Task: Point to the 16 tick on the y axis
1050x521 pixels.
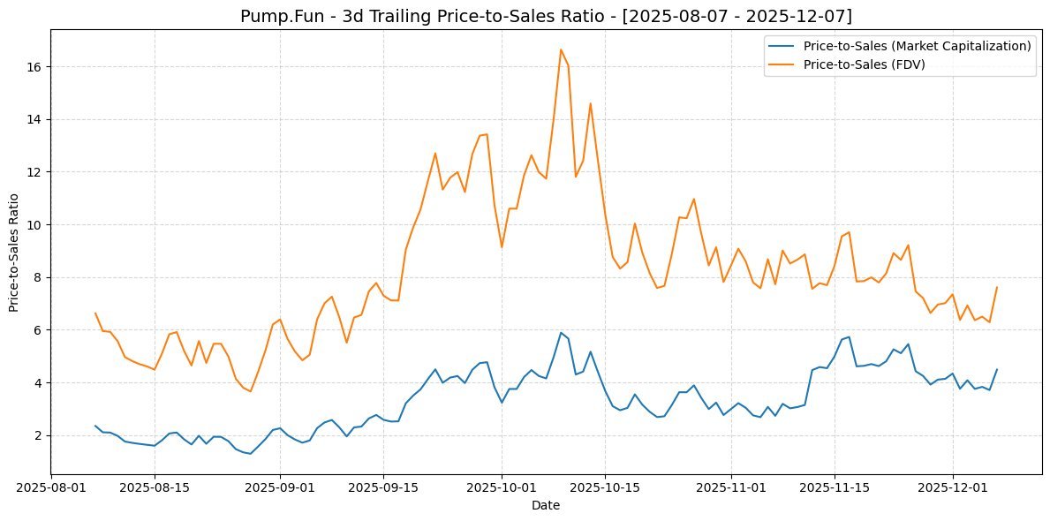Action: pyautogui.click(x=37, y=67)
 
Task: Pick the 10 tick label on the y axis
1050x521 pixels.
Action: pyautogui.click(x=37, y=225)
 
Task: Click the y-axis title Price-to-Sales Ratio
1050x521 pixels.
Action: pyautogui.click(x=14, y=251)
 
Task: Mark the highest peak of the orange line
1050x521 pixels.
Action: pyautogui.click(x=561, y=49)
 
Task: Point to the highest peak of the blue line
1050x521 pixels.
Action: pyautogui.click(x=561, y=333)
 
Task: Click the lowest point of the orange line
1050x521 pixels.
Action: pyautogui.click(x=250, y=391)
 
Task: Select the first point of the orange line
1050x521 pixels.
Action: pyautogui.click(x=95, y=313)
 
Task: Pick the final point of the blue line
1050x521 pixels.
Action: pyautogui.click(x=996, y=370)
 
